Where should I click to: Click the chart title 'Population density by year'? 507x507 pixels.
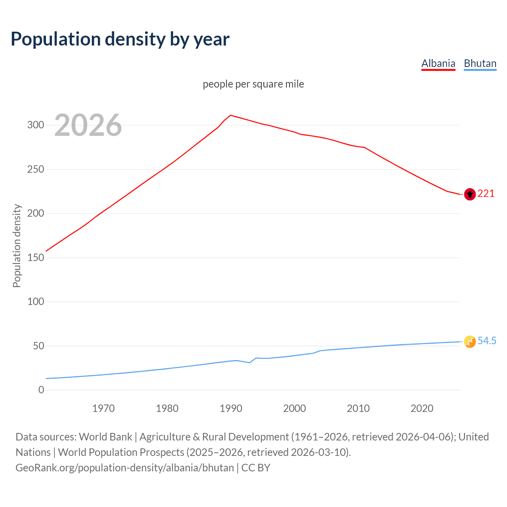tap(120, 39)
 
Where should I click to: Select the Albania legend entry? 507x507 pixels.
tap(438, 64)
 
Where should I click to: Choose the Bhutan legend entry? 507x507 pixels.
tap(480, 64)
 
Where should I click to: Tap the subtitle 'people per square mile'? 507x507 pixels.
tap(253, 84)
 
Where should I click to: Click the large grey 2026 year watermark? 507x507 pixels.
tap(88, 125)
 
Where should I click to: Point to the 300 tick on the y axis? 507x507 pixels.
tap(35, 125)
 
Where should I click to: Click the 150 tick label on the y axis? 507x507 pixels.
tap(35, 257)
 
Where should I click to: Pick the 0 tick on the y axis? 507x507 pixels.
tap(41, 390)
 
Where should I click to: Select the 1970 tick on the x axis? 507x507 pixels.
tap(103, 408)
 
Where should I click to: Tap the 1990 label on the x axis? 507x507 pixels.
tap(231, 408)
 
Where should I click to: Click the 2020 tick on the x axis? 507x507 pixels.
tap(422, 408)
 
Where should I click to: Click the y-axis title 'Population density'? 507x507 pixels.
tap(17, 246)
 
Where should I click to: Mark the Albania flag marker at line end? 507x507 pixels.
tap(470, 194)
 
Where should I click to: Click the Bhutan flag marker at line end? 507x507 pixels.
tap(470, 341)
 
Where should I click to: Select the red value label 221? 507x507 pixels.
tap(486, 194)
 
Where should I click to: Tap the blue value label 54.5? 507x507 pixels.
tap(487, 341)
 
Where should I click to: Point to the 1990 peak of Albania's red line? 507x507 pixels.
tap(231, 115)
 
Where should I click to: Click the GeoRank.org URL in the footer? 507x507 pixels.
tap(125, 468)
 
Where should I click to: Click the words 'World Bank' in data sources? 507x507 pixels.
tap(105, 437)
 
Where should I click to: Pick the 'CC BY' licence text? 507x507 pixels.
tap(256, 468)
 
